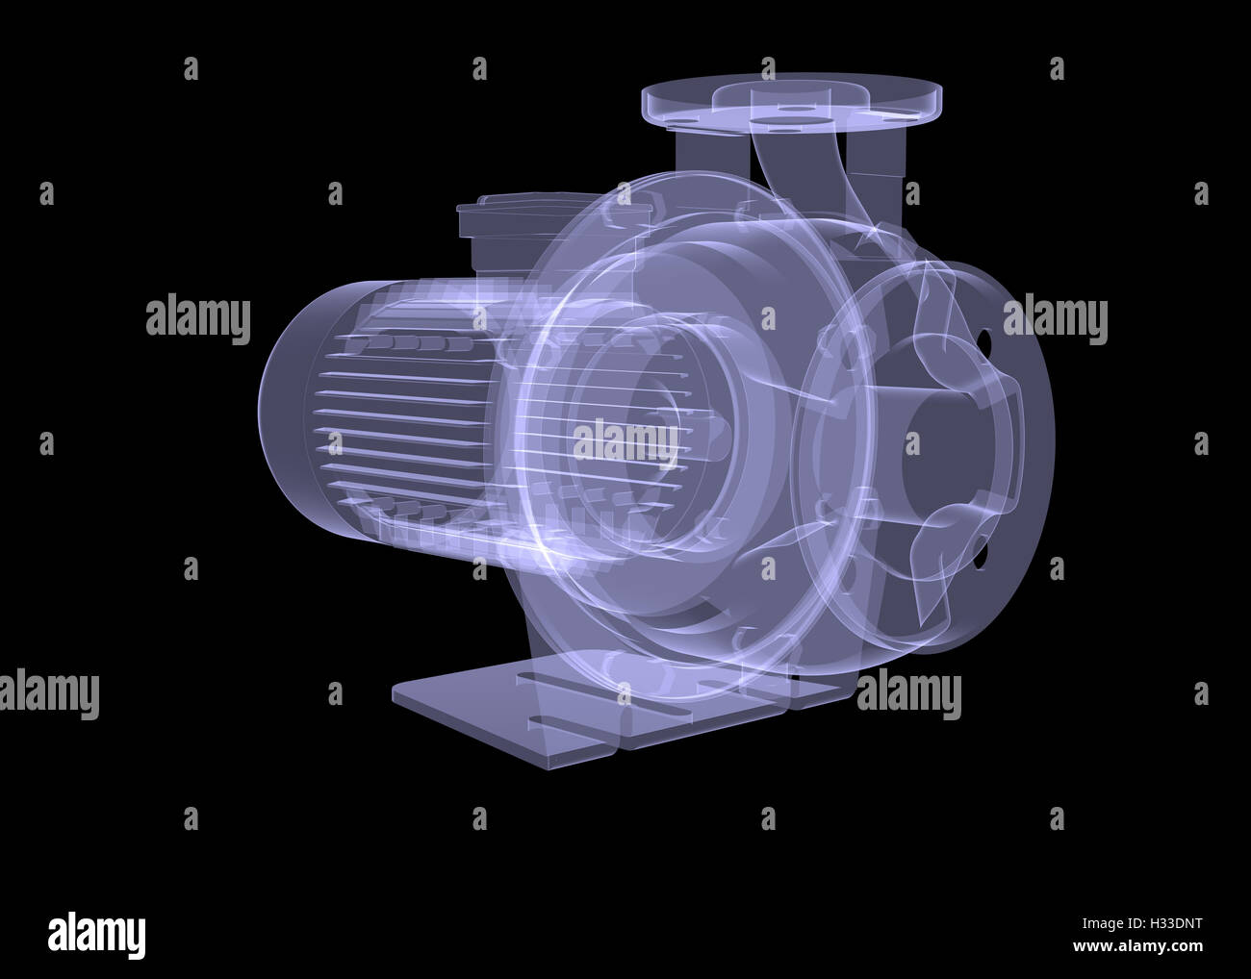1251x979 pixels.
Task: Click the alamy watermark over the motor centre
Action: click(625, 443)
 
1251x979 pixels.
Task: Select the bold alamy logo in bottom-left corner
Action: click(96, 933)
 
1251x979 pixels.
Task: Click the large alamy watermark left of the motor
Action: click(198, 318)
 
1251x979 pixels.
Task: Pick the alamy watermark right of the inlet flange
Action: click(1055, 318)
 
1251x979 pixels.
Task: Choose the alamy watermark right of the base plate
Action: click(908, 692)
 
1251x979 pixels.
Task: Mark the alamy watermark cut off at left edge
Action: click(48, 692)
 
